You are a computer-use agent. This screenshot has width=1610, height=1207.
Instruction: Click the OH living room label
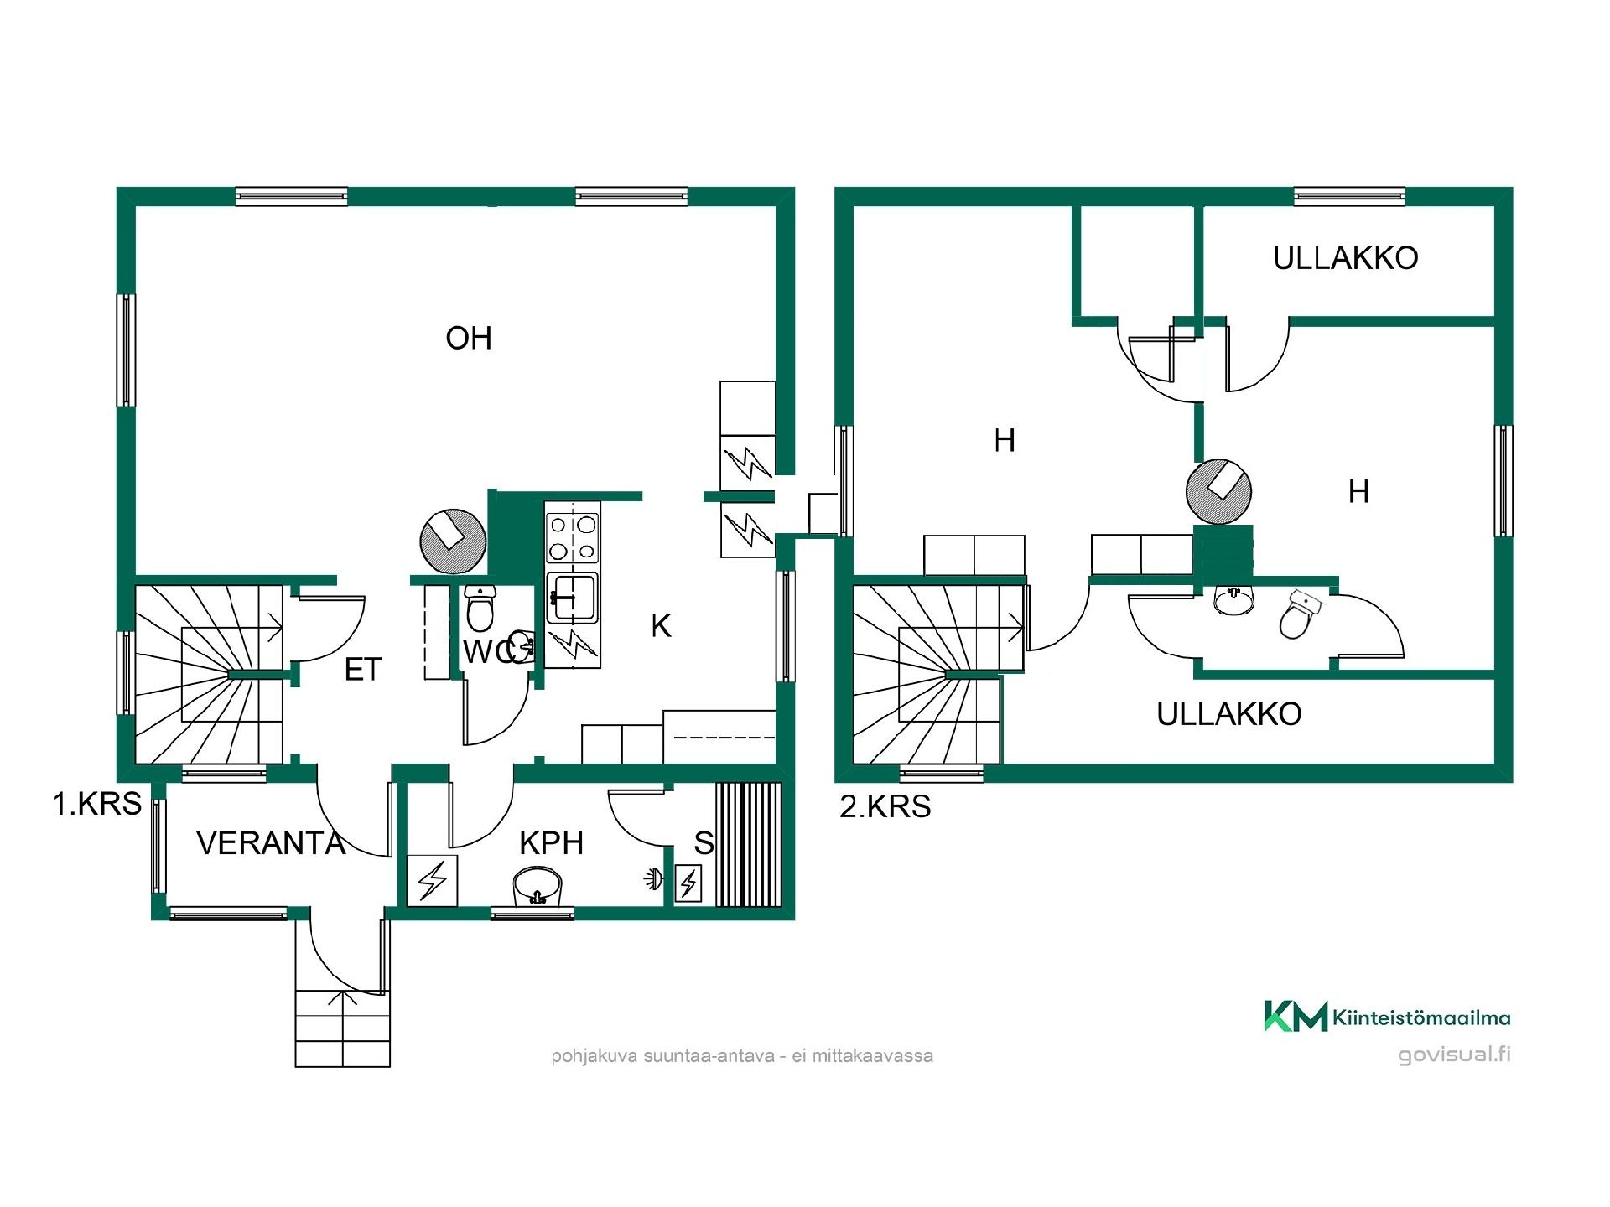(x=469, y=339)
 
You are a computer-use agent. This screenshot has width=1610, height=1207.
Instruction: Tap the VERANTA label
(x=271, y=843)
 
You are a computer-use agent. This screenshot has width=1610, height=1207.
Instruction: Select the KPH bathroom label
(x=552, y=843)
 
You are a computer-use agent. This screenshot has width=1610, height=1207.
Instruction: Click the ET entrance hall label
(x=363, y=670)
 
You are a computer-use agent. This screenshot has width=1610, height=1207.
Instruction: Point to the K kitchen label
(x=662, y=626)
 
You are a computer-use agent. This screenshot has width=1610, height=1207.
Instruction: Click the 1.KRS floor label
(x=97, y=804)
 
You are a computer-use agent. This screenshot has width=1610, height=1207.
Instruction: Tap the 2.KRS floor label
(x=885, y=806)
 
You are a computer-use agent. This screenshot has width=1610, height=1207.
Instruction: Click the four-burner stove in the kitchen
(x=573, y=537)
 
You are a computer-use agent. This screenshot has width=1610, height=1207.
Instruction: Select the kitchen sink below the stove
(x=572, y=598)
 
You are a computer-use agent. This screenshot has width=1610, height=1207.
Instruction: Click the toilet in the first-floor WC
(x=480, y=608)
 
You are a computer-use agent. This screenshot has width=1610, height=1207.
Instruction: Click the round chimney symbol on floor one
(x=453, y=541)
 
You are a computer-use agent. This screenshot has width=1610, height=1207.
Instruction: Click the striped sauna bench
(x=749, y=845)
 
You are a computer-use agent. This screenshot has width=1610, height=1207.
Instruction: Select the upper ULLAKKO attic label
(x=1346, y=258)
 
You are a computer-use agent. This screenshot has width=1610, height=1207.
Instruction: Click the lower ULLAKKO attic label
(x=1229, y=714)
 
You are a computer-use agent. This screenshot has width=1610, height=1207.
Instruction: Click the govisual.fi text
(x=1455, y=1054)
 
